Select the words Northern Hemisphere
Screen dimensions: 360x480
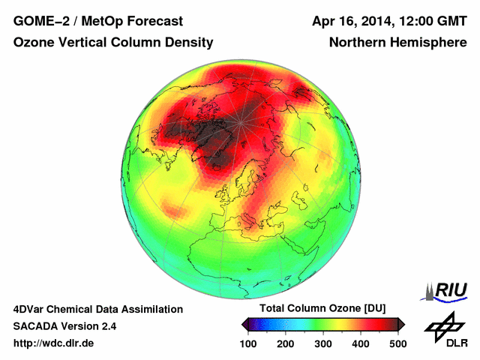[397, 43]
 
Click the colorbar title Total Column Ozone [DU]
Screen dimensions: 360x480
[323, 309]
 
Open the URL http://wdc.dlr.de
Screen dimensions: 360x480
[54, 343]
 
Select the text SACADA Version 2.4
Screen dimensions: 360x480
[64, 326]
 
